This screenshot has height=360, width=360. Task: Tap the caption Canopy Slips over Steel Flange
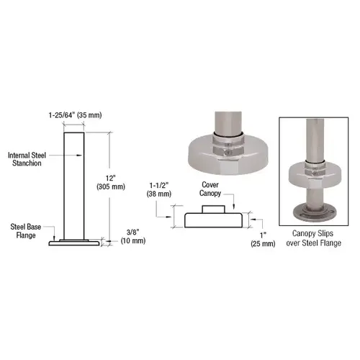click(x=313, y=239)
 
